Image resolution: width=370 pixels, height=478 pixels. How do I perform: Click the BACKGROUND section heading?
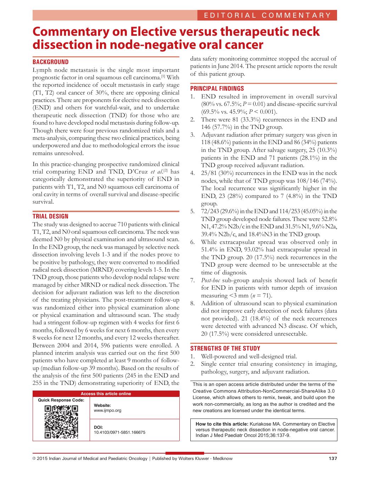51,62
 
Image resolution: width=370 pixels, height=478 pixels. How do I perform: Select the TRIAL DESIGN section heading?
51,216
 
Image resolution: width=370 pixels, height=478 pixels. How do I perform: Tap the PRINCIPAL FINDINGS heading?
217,89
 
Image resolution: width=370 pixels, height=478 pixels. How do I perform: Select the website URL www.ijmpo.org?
107,410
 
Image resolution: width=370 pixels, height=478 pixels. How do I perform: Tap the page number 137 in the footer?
333,459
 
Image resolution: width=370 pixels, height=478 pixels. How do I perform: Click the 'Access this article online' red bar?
106,394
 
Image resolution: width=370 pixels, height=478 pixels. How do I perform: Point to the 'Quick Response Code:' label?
61,400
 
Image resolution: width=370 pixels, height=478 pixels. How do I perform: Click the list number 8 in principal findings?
192,303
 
